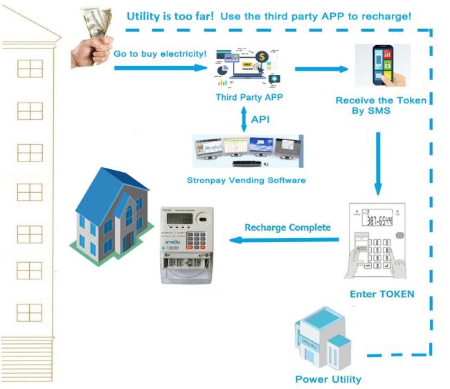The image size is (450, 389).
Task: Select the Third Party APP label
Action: pyautogui.click(x=249, y=97)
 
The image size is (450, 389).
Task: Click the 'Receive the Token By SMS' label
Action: pyautogui.click(x=381, y=105)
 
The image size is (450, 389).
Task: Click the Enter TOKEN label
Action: pyautogui.click(x=382, y=294)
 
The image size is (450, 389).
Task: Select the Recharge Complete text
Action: pyautogui.click(x=287, y=227)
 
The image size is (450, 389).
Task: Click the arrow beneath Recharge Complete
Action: pyautogui.click(x=284, y=241)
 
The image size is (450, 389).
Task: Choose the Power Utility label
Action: pyautogui.click(x=328, y=379)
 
